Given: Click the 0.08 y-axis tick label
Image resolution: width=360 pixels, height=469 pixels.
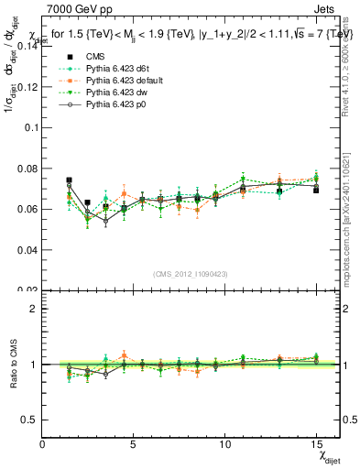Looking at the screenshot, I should point(27,169).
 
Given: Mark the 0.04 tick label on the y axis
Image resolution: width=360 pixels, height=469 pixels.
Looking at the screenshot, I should point(27,250).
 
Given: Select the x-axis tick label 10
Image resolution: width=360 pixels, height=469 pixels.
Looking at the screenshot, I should point(224,446).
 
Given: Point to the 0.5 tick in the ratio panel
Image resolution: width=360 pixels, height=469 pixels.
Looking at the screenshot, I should point(30,420).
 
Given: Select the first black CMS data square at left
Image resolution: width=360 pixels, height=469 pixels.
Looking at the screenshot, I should point(69,180).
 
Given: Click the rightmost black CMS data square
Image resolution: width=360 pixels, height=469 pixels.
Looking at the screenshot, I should point(316,191).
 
